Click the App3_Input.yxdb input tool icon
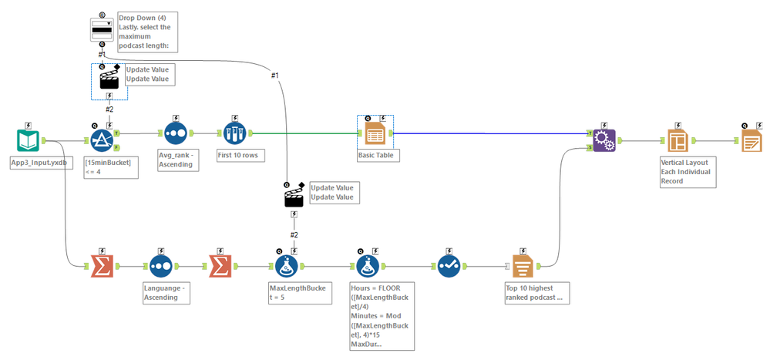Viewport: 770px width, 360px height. pyautogui.click(x=28, y=142)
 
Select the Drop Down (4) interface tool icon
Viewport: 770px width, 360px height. pyautogui.click(x=103, y=29)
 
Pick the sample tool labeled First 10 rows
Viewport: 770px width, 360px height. pyautogui.click(x=234, y=133)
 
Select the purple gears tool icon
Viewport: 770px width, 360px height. pyautogui.click(x=605, y=140)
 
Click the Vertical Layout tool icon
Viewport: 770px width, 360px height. pyautogui.click(x=677, y=141)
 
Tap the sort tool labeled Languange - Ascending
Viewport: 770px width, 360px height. pyautogui.click(x=160, y=267)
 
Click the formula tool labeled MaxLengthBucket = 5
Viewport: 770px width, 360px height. pyautogui.click(x=287, y=267)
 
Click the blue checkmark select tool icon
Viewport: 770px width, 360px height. pyautogui.click(x=449, y=267)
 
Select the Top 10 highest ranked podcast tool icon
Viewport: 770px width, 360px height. pyautogui.click(x=522, y=267)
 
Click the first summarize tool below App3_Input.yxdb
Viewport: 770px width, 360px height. pyautogui.click(x=102, y=267)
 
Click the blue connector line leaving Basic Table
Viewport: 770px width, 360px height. pyautogui.click(x=493, y=133)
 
